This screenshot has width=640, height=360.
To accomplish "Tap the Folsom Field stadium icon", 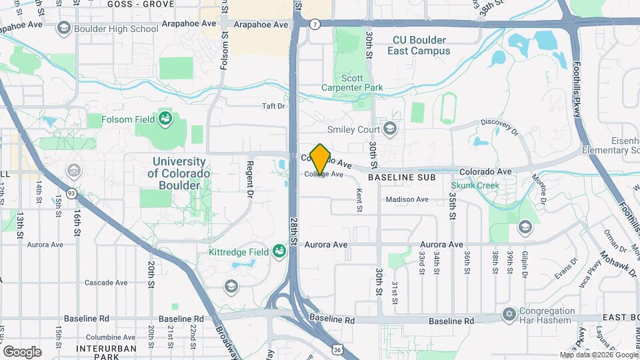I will pos(165,120).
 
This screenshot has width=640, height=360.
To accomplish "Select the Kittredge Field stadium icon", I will pos(279,251).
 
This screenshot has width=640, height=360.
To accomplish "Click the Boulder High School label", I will pos(116,28).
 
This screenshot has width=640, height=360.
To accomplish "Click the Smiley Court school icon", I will pos(389,129).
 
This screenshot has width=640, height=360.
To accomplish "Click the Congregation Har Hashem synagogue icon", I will pos(509,314).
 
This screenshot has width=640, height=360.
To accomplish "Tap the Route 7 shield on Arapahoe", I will pos(313,24).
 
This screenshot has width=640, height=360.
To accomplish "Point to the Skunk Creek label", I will pos(475,185).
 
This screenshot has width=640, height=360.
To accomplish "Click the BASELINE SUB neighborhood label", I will pos(401,178).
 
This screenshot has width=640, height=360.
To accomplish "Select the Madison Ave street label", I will pos(406,199).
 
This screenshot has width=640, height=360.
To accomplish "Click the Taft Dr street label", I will pos(273,106).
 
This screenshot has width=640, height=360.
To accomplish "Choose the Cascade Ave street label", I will pos(105,283).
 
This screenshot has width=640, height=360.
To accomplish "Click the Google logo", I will pos(22,351).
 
